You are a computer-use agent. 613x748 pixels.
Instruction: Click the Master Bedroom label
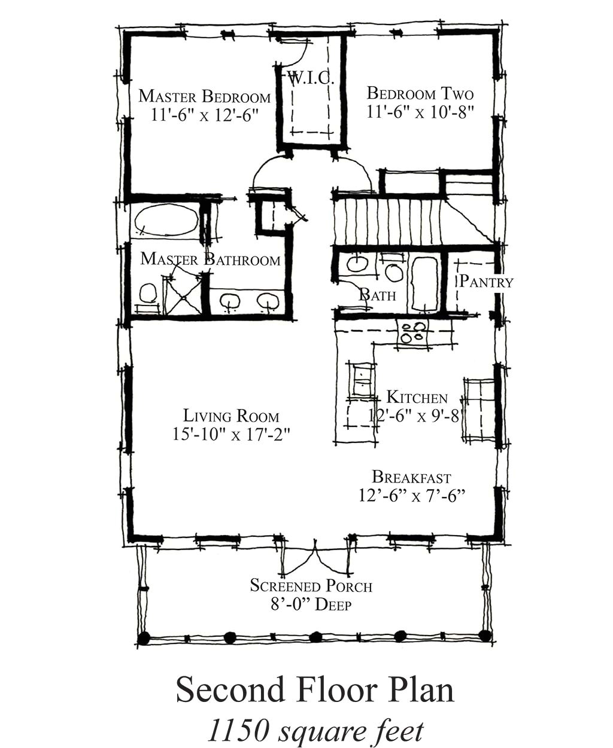(204, 96)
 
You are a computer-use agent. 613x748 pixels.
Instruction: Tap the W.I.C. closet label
(309, 78)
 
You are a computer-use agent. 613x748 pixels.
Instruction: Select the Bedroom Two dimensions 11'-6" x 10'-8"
(420, 112)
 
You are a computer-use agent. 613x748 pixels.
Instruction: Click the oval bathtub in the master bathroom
(166, 221)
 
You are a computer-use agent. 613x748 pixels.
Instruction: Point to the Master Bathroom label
(210, 259)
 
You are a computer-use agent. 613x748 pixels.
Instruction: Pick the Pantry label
(485, 282)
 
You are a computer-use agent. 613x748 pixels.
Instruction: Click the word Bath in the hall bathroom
(377, 295)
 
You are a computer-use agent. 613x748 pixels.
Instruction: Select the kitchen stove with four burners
(413, 332)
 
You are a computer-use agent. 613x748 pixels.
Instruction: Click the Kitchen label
(417, 397)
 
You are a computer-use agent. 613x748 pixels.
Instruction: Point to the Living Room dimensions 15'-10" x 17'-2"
(231, 434)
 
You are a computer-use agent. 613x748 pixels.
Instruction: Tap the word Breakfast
(411, 477)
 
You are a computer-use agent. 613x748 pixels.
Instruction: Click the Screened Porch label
(311, 586)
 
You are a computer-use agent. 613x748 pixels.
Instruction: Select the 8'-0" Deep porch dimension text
(311, 604)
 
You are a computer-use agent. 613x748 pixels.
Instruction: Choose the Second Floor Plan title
(315, 690)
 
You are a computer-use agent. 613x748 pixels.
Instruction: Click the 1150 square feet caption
(315, 730)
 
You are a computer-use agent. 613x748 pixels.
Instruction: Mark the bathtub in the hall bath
(424, 285)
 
